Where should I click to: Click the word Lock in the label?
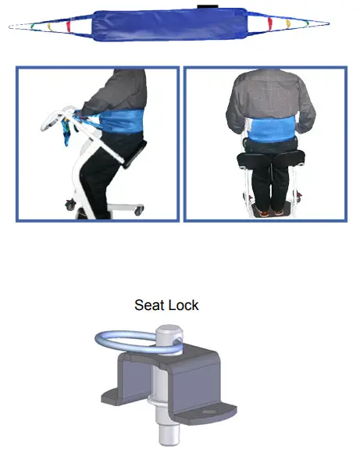pos(183,305)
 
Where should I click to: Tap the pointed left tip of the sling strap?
pos(12,27)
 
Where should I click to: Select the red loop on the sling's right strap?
pos(269,23)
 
